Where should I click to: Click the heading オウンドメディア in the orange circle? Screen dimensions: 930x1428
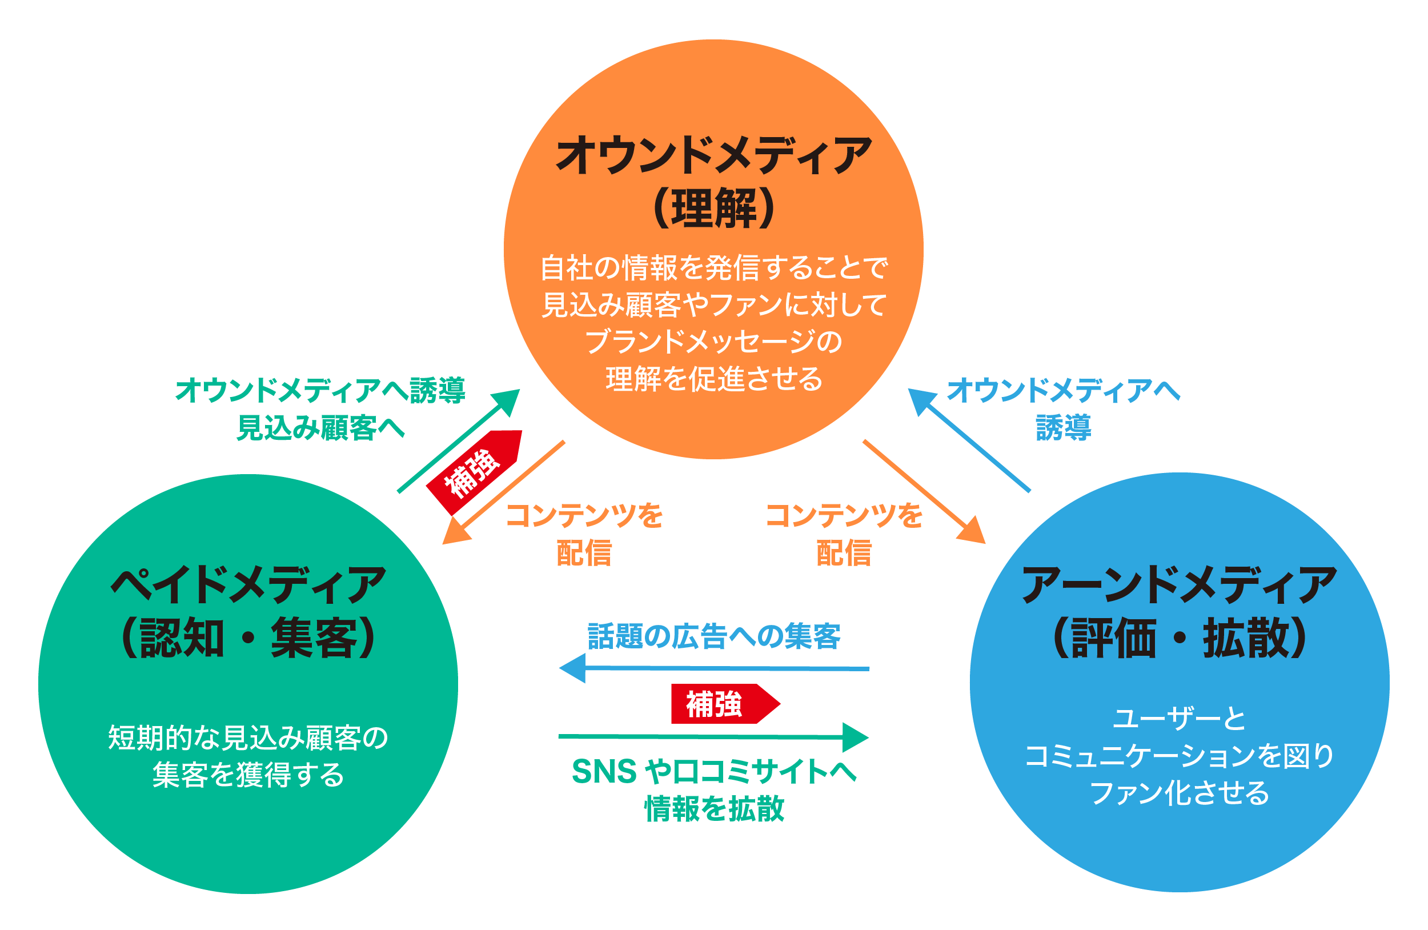713,155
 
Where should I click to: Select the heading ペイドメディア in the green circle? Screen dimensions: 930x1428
248,585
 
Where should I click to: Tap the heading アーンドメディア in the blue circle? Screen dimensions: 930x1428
1179,585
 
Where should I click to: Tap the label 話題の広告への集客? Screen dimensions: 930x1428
714,636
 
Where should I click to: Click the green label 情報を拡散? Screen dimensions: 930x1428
714,808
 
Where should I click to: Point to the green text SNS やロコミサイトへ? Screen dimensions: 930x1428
714,772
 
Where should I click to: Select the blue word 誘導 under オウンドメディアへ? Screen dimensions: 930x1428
1063,428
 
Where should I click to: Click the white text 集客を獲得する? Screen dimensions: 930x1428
248,775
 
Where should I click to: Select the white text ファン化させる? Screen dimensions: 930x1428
1179,792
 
